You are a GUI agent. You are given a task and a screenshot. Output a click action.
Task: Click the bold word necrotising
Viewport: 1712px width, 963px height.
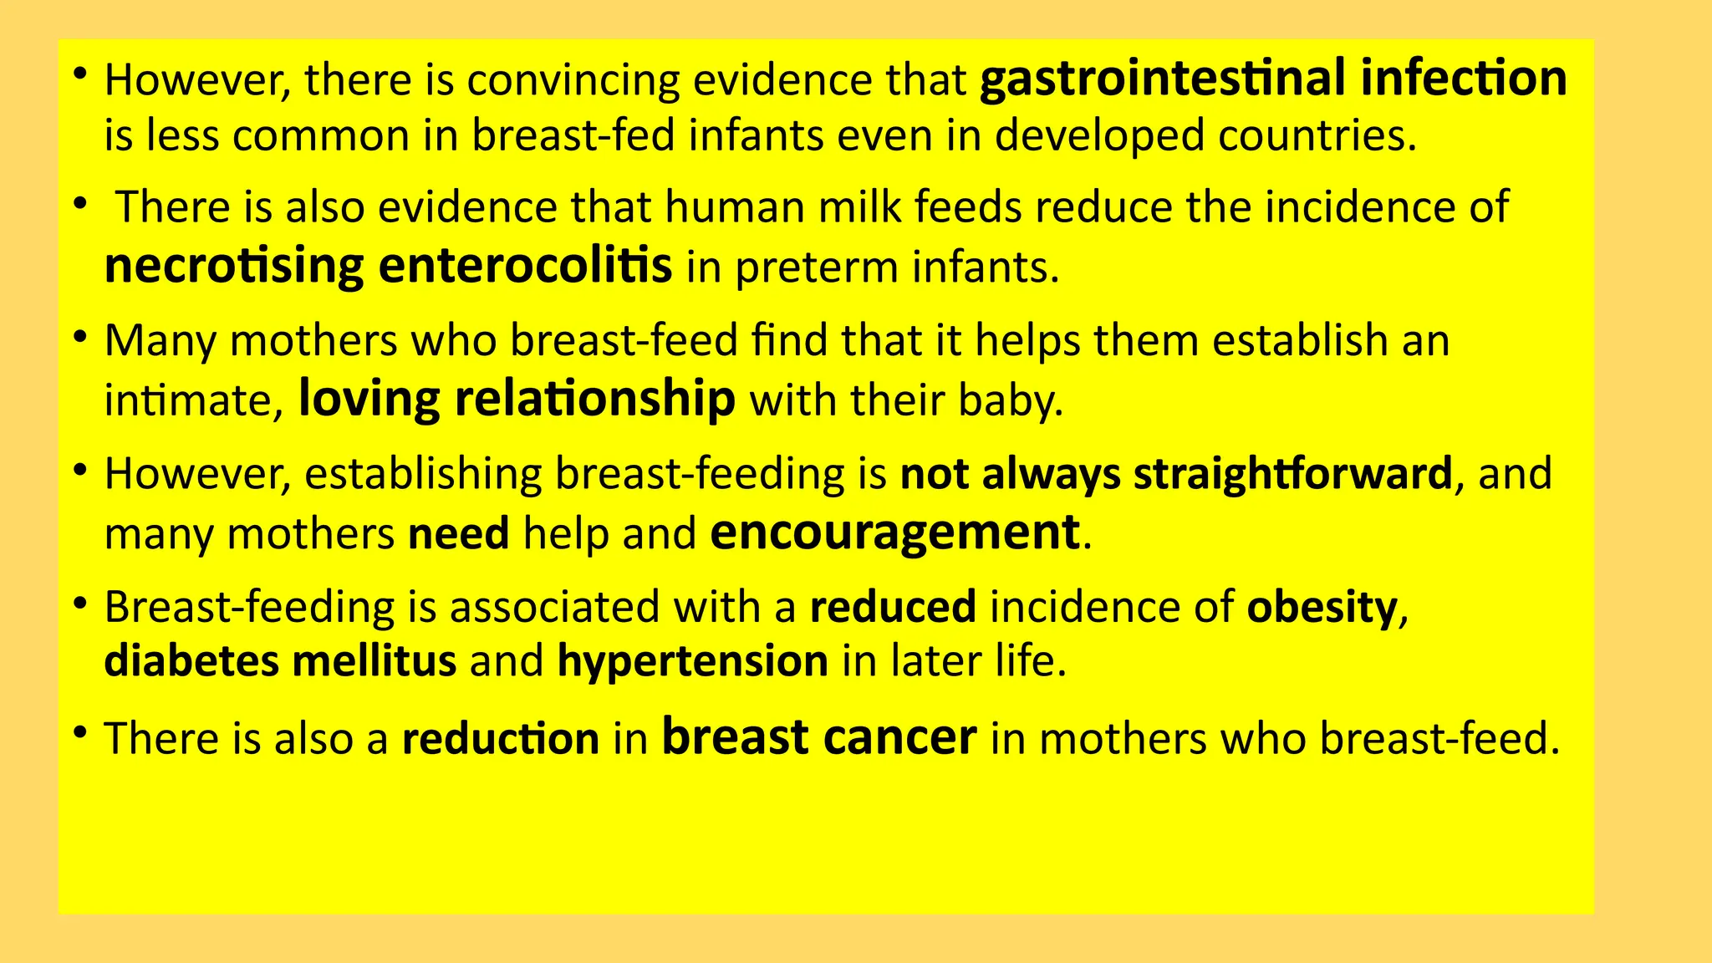234,267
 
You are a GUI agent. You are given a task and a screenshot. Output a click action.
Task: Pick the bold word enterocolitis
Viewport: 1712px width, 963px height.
525,265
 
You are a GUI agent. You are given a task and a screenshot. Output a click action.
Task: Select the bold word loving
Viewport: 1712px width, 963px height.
369,399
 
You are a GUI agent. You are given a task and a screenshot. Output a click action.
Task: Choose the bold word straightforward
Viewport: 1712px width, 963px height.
1292,474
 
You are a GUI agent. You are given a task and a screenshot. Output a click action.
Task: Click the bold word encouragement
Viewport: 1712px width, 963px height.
894,532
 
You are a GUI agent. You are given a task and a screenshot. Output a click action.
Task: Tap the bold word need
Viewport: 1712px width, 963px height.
458,534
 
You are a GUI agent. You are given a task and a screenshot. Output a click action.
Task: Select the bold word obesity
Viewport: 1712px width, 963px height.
1321,608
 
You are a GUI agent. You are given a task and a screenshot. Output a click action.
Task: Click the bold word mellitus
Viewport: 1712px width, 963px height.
374,661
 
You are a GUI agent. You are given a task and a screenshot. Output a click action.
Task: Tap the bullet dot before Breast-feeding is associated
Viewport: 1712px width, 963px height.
80,604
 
